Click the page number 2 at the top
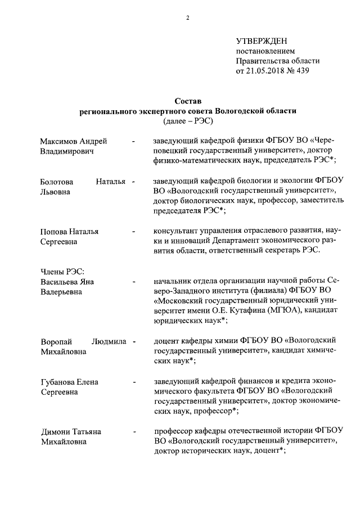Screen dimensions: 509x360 pos(188,18)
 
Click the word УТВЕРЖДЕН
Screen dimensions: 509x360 pos(260,41)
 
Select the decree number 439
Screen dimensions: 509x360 pos(303,71)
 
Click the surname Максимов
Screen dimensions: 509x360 pos(60,141)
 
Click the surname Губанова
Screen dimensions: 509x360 pos(58,382)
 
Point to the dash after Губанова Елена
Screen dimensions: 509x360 pos(133,382)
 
